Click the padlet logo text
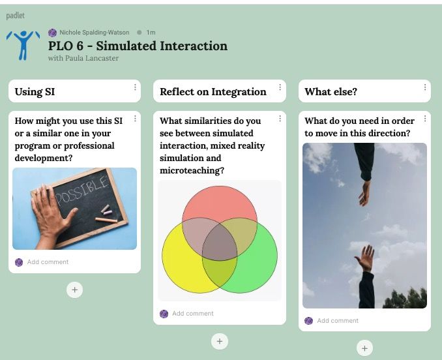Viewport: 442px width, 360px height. (x=16, y=15)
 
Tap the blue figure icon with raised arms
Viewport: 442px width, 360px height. (x=23, y=45)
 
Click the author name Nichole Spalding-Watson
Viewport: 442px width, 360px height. (x=94, y=33)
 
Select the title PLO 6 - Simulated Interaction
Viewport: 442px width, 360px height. (x=138, y=46)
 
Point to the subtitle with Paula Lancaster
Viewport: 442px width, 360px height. (x=83, y=58)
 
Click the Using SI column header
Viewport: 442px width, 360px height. (x=35, y=91)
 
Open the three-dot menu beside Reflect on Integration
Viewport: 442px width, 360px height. (x=280, y=87)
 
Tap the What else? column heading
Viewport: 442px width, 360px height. (x=331, y=91)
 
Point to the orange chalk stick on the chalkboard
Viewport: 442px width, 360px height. (x=106, y=220)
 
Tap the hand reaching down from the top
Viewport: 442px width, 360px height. (x=365, y=193)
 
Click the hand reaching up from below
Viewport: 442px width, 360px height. (x=365, y=258)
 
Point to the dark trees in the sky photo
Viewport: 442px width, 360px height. (x=405, y=298)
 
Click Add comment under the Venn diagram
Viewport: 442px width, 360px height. (x=193, y=314)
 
